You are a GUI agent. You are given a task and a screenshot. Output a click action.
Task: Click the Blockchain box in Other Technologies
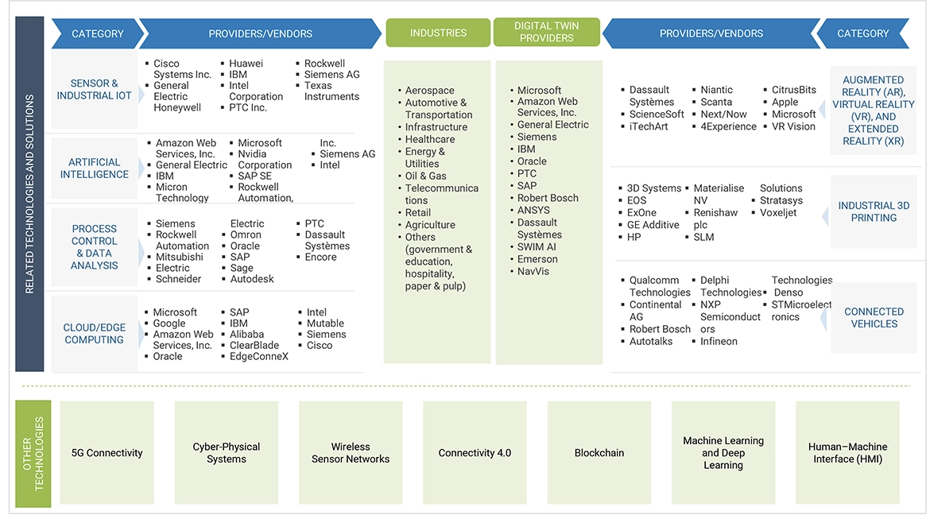coord(599,453)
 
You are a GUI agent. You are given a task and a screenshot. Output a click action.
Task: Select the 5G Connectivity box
coord(107,453)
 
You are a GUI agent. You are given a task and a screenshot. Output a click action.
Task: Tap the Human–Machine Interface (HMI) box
coord(847,453)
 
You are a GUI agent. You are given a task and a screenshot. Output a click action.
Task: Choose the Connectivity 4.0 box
coord(475,453)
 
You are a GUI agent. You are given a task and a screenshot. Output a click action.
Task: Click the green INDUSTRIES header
coord(438,33)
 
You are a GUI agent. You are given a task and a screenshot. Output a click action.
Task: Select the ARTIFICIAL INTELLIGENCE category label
coord(95,169)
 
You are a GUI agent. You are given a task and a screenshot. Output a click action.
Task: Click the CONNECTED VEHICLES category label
coord(874,318)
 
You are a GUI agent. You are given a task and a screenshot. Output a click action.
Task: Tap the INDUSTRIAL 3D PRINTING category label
coord(874,211)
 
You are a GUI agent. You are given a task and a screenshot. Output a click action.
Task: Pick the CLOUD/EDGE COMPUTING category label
coord(94,334)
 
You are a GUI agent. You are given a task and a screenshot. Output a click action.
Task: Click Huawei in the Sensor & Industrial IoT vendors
coord(246,64)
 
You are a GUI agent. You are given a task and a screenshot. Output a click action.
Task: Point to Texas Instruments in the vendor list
coord(331,91)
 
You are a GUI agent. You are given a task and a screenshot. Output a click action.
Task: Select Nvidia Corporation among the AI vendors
coord(265,160)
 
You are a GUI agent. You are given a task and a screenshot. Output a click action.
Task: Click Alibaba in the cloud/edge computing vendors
coord(246,335)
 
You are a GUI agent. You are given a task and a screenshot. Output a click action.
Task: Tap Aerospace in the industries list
coord(429,91)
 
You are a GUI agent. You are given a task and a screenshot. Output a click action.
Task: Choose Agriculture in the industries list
coord(430,225)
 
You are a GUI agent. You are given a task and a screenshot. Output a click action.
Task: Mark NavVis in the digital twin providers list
coord(533,272)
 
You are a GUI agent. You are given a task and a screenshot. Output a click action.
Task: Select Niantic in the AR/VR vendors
coord(717,90)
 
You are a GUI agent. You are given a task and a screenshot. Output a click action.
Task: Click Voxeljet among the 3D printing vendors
coord(778,213)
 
